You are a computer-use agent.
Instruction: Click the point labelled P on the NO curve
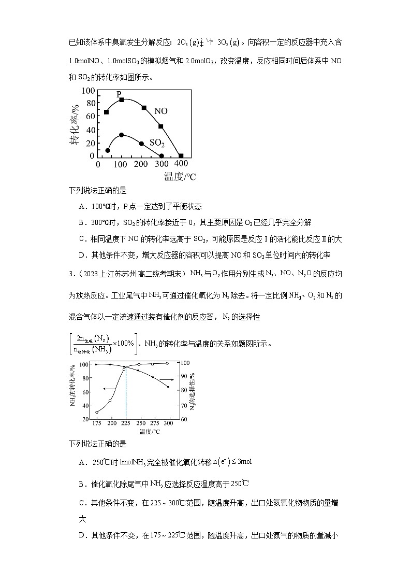[122, 99]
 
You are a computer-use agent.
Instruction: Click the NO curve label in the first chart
[161, 111]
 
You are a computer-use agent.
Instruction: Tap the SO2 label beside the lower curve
[157, 143]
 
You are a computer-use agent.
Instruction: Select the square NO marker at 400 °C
[181, 155]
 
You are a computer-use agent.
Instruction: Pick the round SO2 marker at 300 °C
[162, 155]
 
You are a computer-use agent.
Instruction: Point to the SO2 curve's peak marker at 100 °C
[122, 135]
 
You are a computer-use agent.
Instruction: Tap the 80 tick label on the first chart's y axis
[90, 103]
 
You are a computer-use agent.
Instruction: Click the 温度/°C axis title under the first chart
[180, 177]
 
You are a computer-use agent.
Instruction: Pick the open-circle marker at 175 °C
[97, 412]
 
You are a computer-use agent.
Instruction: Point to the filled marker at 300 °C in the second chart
[168, 387]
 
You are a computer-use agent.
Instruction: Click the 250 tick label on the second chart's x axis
[139, 424]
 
